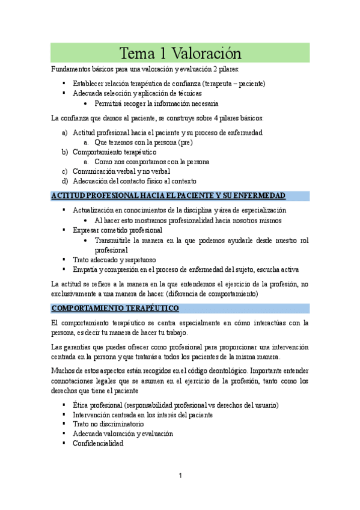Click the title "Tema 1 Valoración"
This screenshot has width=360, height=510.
pos(180,53)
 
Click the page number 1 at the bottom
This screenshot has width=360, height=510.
pos(180,476)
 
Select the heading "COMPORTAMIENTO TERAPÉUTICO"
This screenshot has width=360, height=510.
pos(115,309)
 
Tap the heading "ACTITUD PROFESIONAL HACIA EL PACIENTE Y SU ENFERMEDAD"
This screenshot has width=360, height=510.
pos(168,196)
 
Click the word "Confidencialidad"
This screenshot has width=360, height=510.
pos(98,443)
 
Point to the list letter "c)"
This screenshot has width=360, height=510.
pos(65,171)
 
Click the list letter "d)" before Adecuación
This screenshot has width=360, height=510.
pos(65,181)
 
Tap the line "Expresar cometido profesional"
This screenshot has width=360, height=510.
pos(118,230)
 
